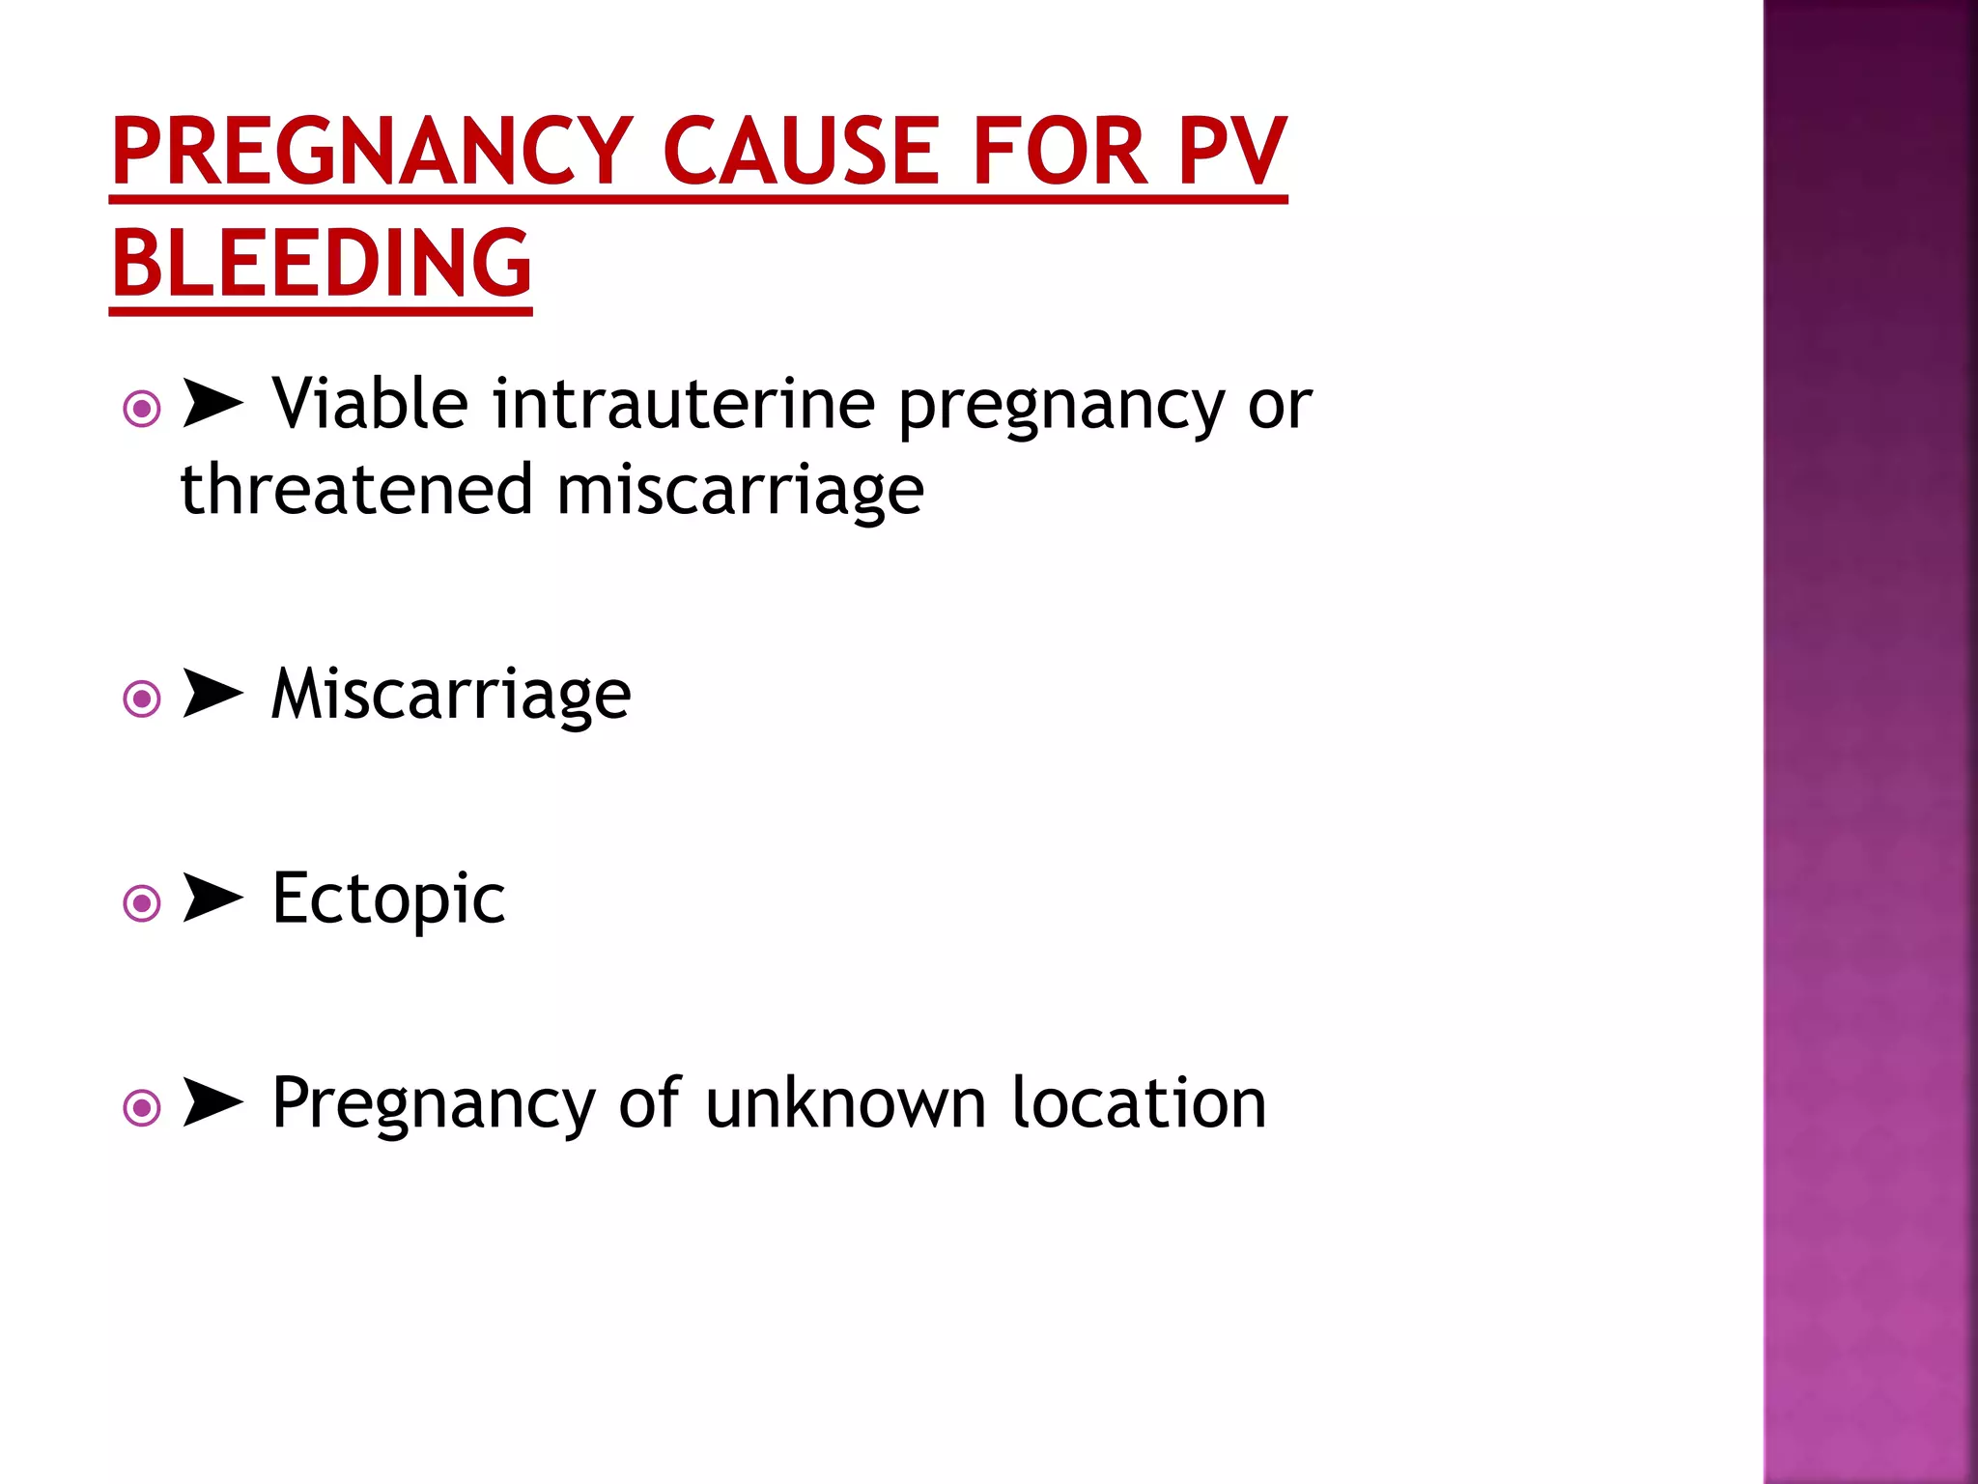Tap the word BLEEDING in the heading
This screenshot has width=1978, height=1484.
pyautogui.click(x=322, y=263)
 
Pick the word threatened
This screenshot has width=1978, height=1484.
pyautogui.click(x=356, y=489)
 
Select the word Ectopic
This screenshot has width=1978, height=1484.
pyautogui.click(x=388, y=899)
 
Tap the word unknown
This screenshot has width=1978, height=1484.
pyautogui.click(x=846, y=1103)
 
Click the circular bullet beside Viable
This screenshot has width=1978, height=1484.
pyautogui.click(x=142, y=410)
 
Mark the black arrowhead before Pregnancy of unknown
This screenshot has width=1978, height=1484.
pyautogui.click(x=212, y=1103)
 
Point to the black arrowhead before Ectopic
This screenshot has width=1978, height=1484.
pyautogui.click(x=212, y=899)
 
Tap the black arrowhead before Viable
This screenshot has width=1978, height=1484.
pyautogui.click(x=212, y=404)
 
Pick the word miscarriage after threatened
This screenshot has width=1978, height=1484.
pyautogui.click(x=740, y=491)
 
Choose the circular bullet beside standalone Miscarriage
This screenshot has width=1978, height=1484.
pyautogui.click(x=142, y=699)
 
